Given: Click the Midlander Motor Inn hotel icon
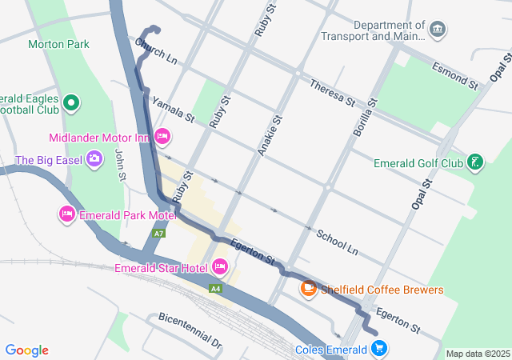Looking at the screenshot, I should (x=162, y=137).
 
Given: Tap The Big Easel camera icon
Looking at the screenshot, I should (x=94, y=158).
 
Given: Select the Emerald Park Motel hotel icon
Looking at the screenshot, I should (x=67, y=214).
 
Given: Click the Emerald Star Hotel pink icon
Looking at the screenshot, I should (x=219, y=266).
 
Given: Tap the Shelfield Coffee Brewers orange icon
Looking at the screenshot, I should (x=308, y=288).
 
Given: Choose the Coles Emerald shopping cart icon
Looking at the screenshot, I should (x=379, y=349).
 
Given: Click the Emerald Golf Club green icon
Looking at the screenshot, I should (x=475, y=162).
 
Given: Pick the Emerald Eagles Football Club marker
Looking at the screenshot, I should (x=71, y=102).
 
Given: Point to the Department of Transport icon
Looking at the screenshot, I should (x=438, y=30).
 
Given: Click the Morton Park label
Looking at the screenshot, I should (x=58, y=44).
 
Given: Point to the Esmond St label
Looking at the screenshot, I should (x=454, y=74).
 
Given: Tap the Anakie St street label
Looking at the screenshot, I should (x=270, y=134).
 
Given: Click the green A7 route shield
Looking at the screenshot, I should (x=159, y=233).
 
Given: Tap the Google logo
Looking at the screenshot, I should (x=26, y=350).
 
